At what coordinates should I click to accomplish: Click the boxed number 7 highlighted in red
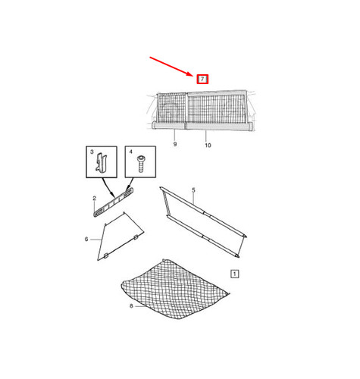(x=202, y=80)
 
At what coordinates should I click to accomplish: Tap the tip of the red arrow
(x=193, y=76)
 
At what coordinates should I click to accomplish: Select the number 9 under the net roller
(x=175, y=144)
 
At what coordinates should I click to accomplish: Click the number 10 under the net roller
(x=208, y=146)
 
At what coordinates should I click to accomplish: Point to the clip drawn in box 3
(x=102, y=163)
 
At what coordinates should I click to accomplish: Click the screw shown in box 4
(x=141, y=164)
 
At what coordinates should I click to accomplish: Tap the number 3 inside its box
(x=92, y=152)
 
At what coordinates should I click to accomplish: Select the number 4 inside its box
(x=130, y=152)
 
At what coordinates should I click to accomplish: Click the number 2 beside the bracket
(x=95, y=199)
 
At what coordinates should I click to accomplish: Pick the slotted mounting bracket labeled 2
(x=114, y=202)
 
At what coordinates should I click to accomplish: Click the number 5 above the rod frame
(x=193, y=190)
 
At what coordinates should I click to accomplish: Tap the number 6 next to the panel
(x=86, y=239)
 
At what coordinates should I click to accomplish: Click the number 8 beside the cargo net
(x=131, y=306)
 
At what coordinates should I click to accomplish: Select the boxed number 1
(x=235, y=274)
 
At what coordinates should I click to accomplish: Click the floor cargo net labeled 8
(x=174, y=290)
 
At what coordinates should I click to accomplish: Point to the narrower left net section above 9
(x=172, y=108)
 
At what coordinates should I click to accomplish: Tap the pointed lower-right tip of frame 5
(x=239, y=257)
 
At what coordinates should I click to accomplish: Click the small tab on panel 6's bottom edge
(x=106, y=256)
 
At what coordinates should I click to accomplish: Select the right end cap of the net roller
(x=250, y=126)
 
